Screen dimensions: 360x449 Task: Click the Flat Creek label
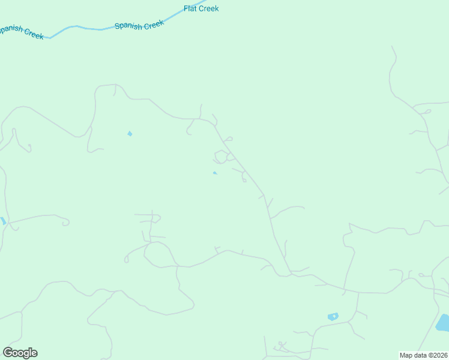tap(200, 8)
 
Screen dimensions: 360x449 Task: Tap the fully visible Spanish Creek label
tap(139, 25)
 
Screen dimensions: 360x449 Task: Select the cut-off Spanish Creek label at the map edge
tap(22, 32)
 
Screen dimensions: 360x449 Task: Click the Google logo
tap(20, 352)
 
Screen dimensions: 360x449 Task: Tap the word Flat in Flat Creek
tap(190, 8)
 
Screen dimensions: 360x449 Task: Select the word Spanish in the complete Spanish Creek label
tap(128, 26)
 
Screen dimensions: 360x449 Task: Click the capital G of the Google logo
tap(7, 352)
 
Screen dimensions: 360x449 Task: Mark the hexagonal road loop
tap(221, 157)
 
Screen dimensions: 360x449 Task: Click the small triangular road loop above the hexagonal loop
tap(229, 139)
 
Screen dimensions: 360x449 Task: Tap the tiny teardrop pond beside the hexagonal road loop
tap(214, 173)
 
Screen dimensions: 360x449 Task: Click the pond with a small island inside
tap(333, 316)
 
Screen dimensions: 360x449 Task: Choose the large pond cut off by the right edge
tap(443, 323)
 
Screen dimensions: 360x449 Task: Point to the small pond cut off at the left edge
tap(2, 221)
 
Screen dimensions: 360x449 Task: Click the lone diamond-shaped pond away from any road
tap(130, 133)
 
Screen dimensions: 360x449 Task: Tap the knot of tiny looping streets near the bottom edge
tap(281, 347)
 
